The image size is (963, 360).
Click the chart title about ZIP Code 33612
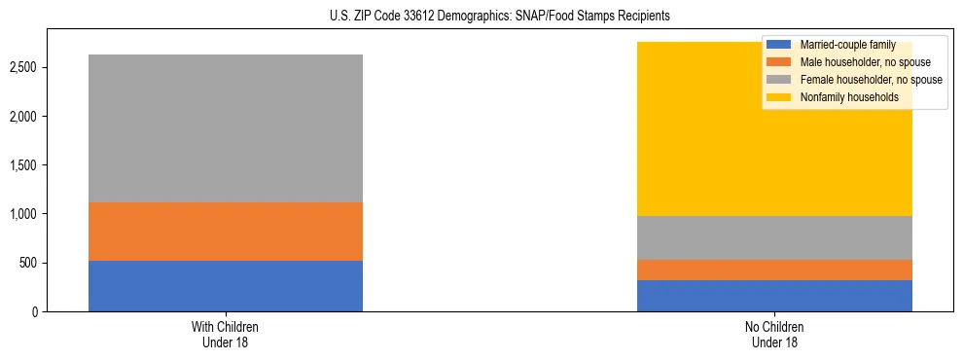coord(481,17)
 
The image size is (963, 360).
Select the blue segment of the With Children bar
coord(225,286)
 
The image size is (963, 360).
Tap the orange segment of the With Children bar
coord(225,232)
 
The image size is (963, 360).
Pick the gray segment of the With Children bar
coord(225,128)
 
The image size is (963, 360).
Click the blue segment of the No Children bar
coord(774,296)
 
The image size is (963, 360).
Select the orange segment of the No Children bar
coord(774,270)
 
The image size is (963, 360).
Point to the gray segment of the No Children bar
coord(774,237)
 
